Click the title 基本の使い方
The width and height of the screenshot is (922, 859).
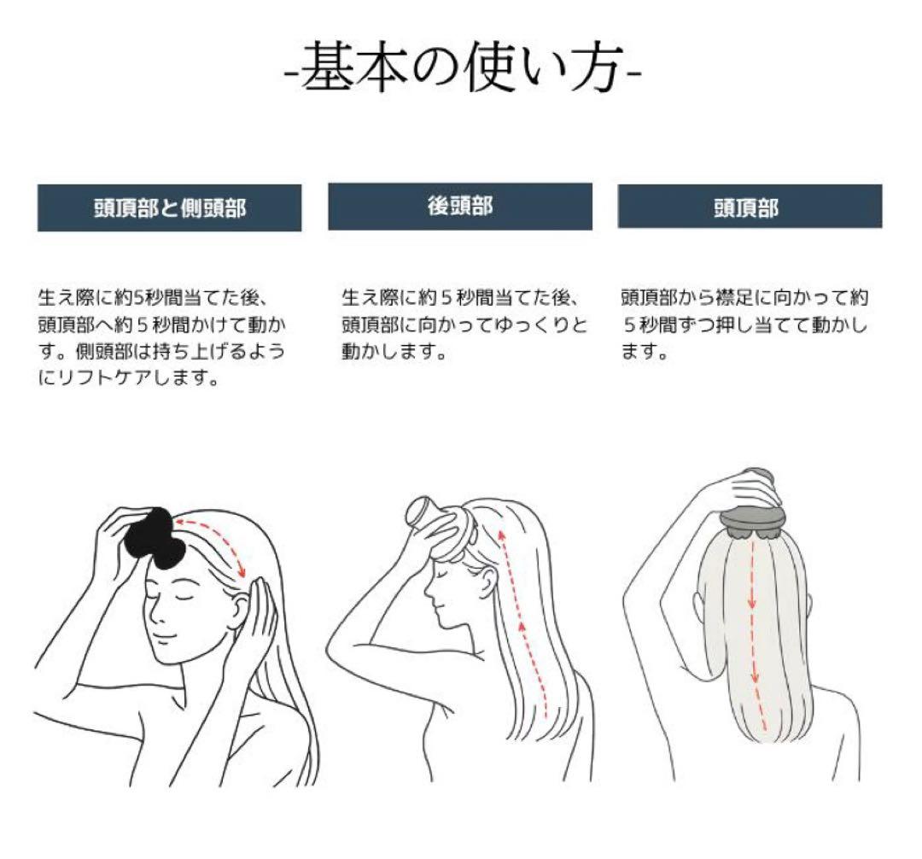coord(462,66)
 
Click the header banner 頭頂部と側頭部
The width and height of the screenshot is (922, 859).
coord(169,207)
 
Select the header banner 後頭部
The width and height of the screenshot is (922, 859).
coord(460,207)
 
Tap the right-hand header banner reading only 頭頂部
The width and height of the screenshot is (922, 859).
coord(749,207)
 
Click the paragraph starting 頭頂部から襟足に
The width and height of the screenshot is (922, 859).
coord(744,324)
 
